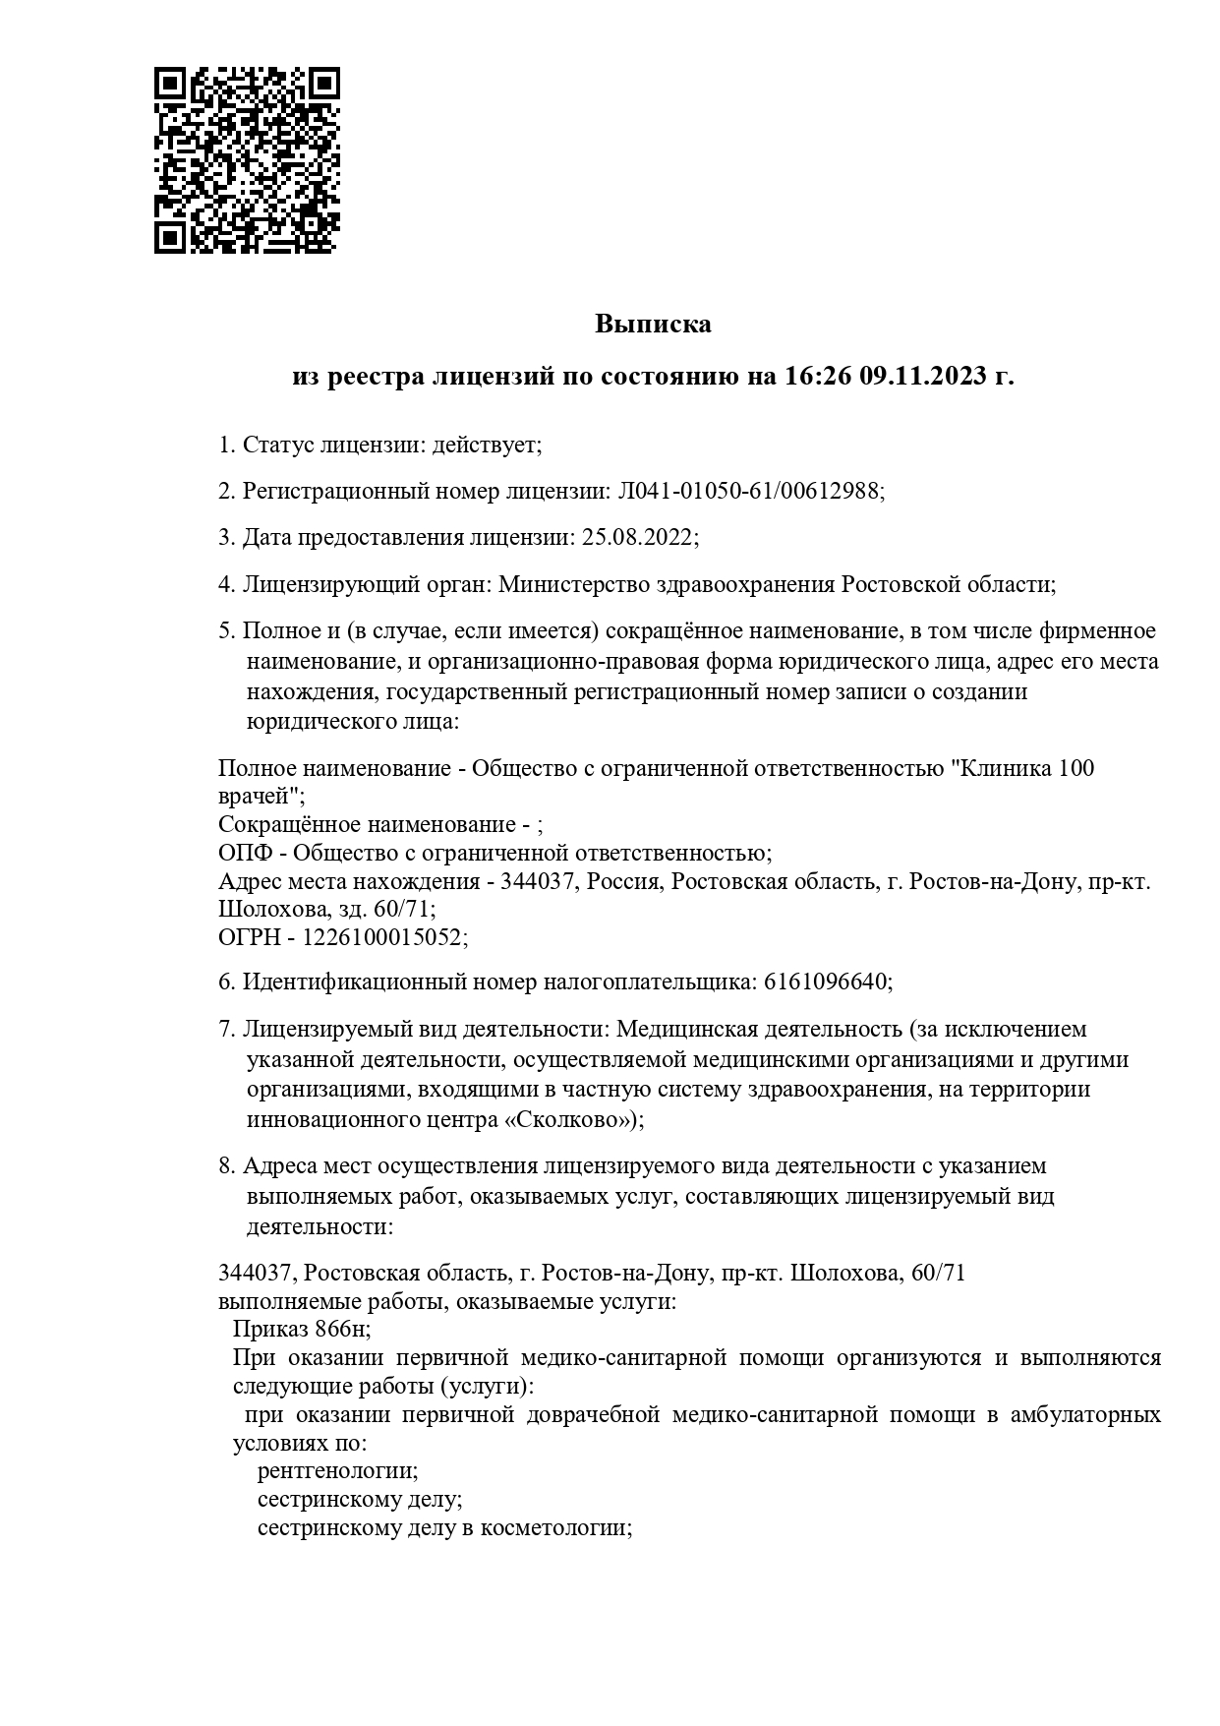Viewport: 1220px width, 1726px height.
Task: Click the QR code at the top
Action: pos(248,160)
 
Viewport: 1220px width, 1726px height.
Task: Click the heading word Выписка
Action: pos(653,324)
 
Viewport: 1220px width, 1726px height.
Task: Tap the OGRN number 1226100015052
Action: pos(382,937)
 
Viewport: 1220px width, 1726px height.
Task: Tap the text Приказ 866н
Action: pos(301,1330)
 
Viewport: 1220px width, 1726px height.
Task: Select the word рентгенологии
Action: pos(336,1471)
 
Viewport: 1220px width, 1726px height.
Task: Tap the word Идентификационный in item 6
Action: pos(356,982)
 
